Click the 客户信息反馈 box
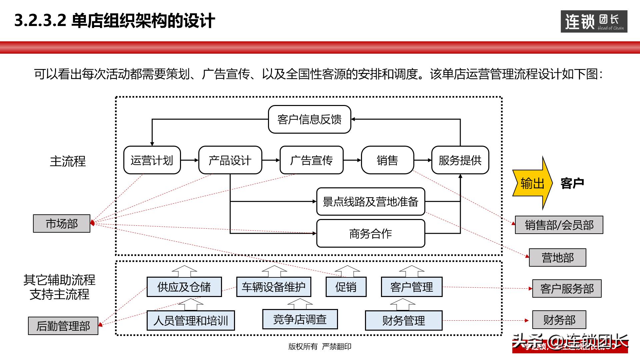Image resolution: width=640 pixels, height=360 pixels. coord(309,119)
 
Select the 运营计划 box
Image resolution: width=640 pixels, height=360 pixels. coord(152,160)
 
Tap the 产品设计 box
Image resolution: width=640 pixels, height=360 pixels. coord(230,160)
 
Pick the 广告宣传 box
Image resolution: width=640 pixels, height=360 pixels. coord(311,160)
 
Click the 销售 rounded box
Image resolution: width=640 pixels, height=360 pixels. coord(387,160)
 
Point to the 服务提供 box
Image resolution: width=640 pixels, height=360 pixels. coord(460,160)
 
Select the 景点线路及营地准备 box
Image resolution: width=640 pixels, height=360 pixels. coord(370,202)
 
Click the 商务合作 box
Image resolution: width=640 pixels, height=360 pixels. coord(370,233)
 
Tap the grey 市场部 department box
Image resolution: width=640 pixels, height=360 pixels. coord(62,224)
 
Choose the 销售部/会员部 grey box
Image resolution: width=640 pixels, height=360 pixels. coord(559,225)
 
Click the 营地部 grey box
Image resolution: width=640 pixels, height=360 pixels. coord(557,258)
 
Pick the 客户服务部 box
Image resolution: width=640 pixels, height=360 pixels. coord(567,289)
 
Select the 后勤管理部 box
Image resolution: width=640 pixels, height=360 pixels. coord(63,326)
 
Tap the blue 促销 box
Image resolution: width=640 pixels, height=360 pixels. coord(346,287)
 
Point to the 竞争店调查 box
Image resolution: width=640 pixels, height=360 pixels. coord(300,319)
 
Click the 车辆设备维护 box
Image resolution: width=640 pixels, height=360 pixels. coord(273,287)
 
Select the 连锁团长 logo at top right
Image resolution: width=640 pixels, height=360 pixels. coord(594,22)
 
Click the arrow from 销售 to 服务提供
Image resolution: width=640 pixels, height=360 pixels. coord(423,160)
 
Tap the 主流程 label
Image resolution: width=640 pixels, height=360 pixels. coord(68,161)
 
